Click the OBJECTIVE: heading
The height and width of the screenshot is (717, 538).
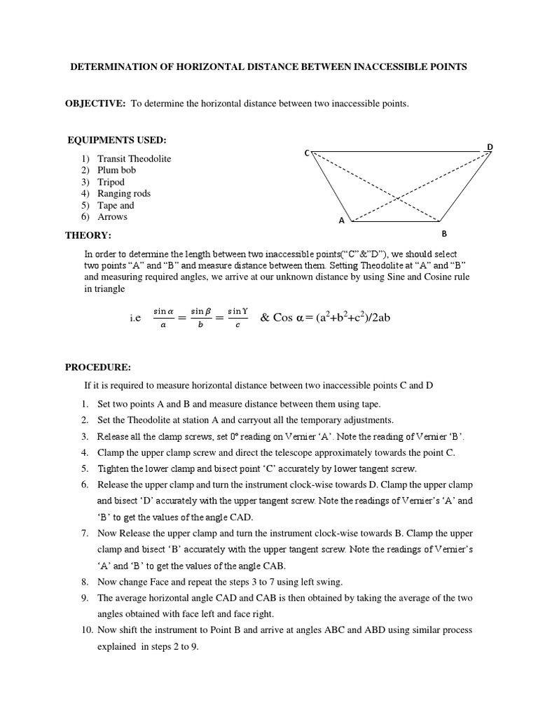coord(95,104)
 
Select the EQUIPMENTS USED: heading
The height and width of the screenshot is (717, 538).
coord(117,141)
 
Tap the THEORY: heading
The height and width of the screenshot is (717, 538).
coord(88,235)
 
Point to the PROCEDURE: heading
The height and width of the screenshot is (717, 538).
coord(98,367)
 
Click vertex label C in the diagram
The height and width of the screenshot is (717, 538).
coord(306,152)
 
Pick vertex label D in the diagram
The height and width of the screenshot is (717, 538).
coord(490,146)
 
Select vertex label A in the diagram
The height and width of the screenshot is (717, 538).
coord(342,221)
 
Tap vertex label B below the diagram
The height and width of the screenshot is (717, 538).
coord(443,234)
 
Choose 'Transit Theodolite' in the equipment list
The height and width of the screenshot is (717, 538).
coord(134,159)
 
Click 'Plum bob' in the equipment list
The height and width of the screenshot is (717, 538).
coord(117,170)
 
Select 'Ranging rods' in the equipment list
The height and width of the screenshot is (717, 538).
coord(124,193)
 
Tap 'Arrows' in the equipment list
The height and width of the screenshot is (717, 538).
coord(112,217)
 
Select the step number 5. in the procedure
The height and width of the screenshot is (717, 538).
coord(84,468)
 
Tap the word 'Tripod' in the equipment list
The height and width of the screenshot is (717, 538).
coord(111,182)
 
